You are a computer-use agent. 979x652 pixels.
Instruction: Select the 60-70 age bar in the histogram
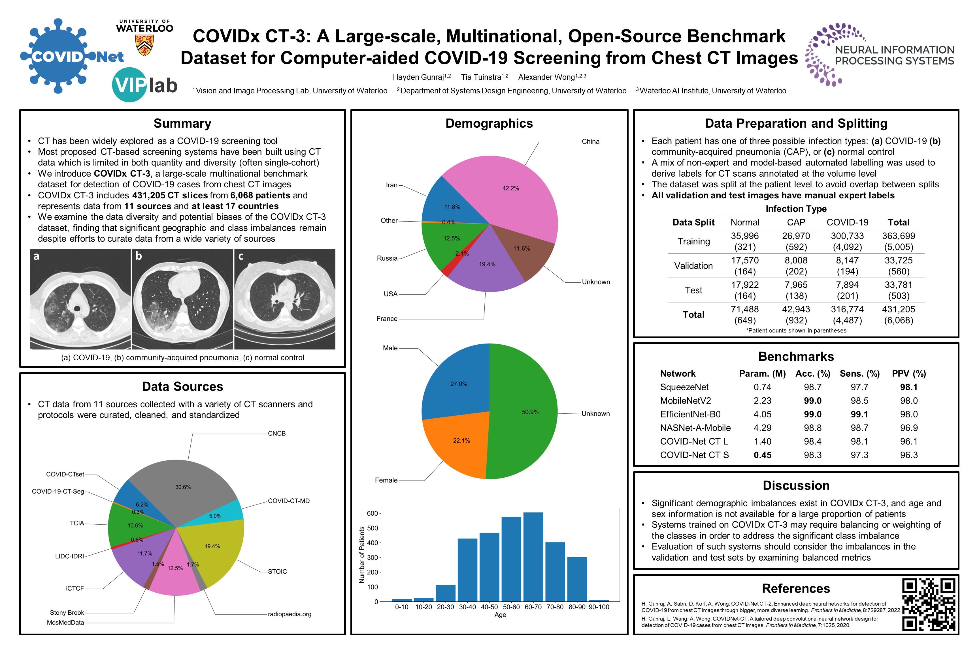coord(533,557)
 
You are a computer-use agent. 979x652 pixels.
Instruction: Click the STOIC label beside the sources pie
coord(277,572)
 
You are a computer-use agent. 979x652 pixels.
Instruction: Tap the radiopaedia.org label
coord(289,614)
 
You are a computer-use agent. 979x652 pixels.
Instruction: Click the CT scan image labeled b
coord(182,299)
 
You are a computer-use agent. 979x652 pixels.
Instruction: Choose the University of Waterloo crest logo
coord(144,45)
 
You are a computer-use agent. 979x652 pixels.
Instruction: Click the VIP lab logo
coord(144,85)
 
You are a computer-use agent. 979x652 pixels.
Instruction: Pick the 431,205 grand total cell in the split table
coord(898,309)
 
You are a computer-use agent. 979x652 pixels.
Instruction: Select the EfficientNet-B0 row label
coord(690,415)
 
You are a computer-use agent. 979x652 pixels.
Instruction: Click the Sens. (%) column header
coord(859,374)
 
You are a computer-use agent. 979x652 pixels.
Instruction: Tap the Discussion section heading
coord(795,486)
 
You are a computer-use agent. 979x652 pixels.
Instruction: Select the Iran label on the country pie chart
coord(391,185)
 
